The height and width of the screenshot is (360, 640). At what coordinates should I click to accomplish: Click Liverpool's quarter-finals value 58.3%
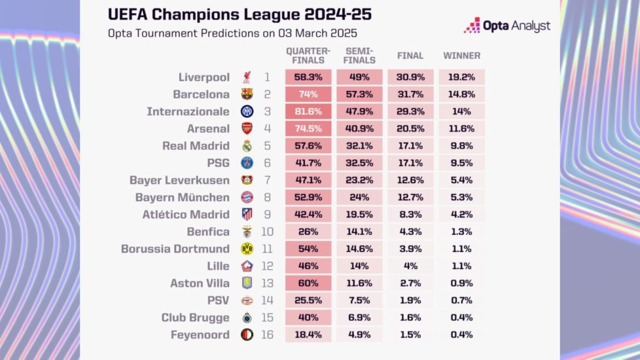pyautogui.click(x=309, y=77)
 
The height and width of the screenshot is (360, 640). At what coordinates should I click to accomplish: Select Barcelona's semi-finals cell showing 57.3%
pyautogui.click(x=360, y=94)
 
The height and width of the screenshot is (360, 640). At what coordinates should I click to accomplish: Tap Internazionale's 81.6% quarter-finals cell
pyautogui.click(x=309, y=111)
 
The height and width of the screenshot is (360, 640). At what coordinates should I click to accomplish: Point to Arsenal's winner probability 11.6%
pyautogui.click(x=462, y=128)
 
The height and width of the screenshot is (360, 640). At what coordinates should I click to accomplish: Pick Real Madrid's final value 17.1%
pyautogui.click(x=410, y=146)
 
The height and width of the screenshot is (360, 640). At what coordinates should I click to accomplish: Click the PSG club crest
pyautogui.click(x=247, y=163)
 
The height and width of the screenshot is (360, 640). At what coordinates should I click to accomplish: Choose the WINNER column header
pyautogui.click(x=462, y=56)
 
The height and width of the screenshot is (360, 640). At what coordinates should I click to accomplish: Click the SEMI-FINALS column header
pyautogui.click(x=360, y=56)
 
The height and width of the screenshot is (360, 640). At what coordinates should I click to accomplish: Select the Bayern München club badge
pyautogui.click(x=247, y=197)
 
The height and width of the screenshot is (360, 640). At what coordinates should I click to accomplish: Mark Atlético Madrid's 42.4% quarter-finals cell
pyautogui.click(x=309, y=215)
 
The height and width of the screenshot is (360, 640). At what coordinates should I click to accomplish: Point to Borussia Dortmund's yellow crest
pyautogui.click(x=247, y=249)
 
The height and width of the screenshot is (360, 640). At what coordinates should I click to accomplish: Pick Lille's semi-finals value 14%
pyautogui.click(x=360, y=266)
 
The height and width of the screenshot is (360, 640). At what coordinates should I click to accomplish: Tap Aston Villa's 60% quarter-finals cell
pyautogui.click(x=309, y=283)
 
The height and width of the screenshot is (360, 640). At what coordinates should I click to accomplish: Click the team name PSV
pyautogui.click(x=219, y=300)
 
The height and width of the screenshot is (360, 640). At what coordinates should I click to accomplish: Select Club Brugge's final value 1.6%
pyautogui.click(x=410, y=318)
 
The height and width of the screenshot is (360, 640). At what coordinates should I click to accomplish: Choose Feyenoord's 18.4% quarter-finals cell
pyautogui.click(x=309, y=335)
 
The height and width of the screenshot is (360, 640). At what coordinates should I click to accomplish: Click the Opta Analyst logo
pyautogui.click(x=507, y=26)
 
